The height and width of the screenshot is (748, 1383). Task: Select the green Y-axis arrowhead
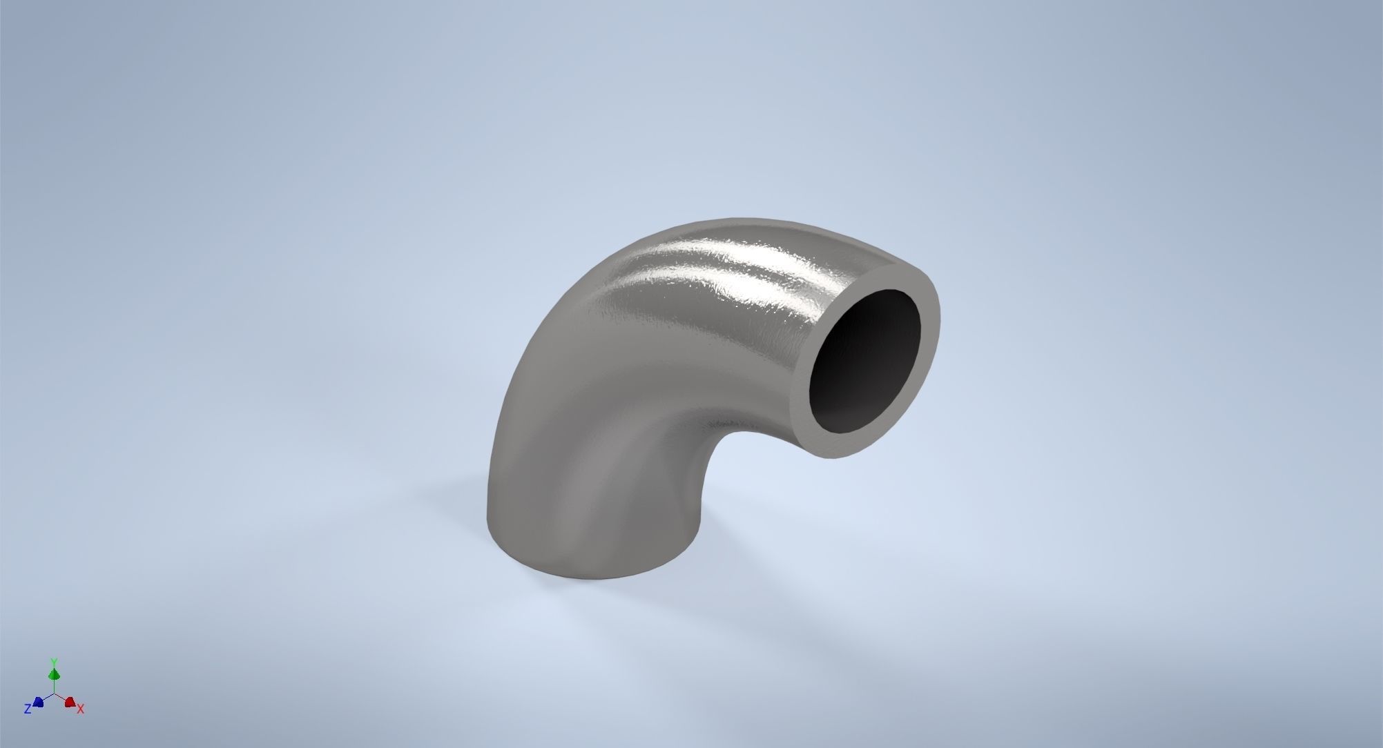tap(55, 674)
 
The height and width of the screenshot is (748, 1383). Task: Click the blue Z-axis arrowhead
tap(39, 702)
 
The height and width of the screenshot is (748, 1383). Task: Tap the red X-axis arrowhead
tap(70, 702)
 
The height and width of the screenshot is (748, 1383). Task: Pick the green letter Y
tap(54, 662)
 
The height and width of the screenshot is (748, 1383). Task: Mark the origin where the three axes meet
tap(55, 694)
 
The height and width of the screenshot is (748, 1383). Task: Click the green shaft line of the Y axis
tap(55, 686)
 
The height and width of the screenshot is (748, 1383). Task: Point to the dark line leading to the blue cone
tap(47, 698)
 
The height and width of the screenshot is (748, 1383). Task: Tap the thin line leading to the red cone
tap(62, 698)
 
